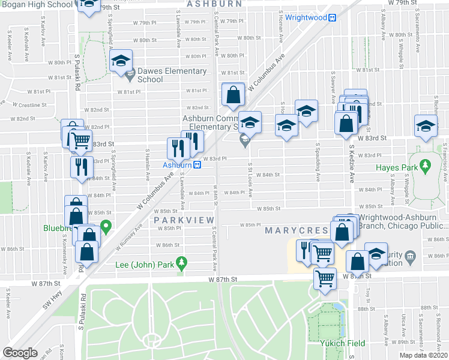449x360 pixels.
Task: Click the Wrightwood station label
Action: [306, 17]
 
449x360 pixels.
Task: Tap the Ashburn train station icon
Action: [197, 165]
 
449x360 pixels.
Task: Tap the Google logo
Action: [20, 353]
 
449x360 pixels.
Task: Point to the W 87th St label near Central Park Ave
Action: [224, 280]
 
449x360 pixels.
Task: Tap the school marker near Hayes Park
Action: [426, 127]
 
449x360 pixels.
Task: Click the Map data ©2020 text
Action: [423, 355]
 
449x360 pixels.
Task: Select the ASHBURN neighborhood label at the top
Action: [214, 4]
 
